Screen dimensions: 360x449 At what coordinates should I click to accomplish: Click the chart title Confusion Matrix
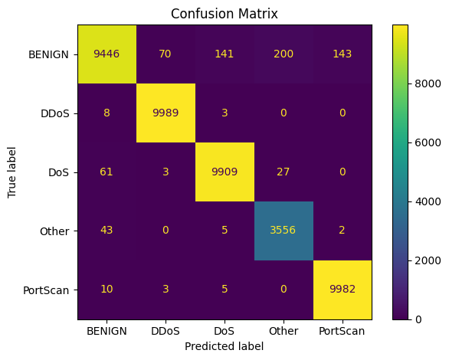224,14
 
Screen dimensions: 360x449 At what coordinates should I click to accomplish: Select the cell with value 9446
107,54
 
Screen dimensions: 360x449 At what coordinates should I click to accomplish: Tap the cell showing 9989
166,113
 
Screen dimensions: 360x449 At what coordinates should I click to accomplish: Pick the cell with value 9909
224,172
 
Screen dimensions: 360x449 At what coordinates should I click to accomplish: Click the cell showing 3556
283,231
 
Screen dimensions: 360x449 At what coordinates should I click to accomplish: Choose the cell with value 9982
342,290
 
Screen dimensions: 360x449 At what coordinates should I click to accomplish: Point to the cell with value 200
283,54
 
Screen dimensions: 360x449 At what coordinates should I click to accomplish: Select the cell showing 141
224,54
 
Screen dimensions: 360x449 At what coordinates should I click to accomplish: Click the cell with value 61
107,172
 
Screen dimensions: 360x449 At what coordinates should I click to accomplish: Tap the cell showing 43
107,231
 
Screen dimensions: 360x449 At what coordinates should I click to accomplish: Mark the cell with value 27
283,172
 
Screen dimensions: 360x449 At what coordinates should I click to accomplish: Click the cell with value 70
166,54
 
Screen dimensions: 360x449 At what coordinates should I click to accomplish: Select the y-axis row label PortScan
49,290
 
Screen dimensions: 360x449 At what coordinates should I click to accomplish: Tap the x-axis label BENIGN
107,331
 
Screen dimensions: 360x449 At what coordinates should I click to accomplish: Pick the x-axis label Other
283,331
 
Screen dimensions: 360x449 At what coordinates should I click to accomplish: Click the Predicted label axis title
224,346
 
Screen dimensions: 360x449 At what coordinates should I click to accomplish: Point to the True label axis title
11,172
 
